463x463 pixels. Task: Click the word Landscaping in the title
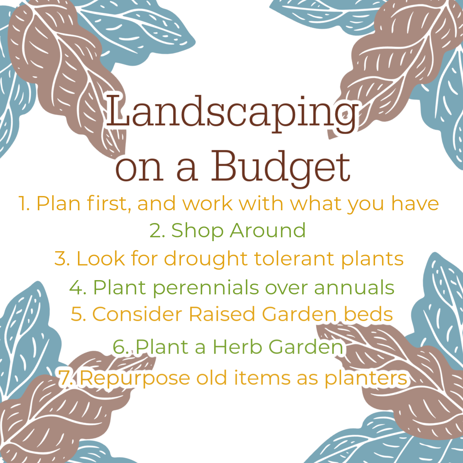click(231, 113)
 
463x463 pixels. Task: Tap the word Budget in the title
click(281, 168)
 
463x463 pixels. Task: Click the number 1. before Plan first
click(24, 204)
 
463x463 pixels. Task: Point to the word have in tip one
click(415, 203)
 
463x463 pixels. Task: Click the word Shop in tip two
click(197, 231)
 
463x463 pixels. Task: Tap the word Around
click(268, 230)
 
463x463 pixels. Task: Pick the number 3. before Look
click(62, 259)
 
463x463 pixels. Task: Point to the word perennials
click(206, 288)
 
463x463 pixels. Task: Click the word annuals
click(355, 287)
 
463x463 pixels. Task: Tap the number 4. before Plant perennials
click(78, 287)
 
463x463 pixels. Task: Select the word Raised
click(222, 314)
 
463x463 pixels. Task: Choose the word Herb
click(237, 347)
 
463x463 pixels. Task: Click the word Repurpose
click(135, 379)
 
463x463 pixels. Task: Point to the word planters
click(366, 379)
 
